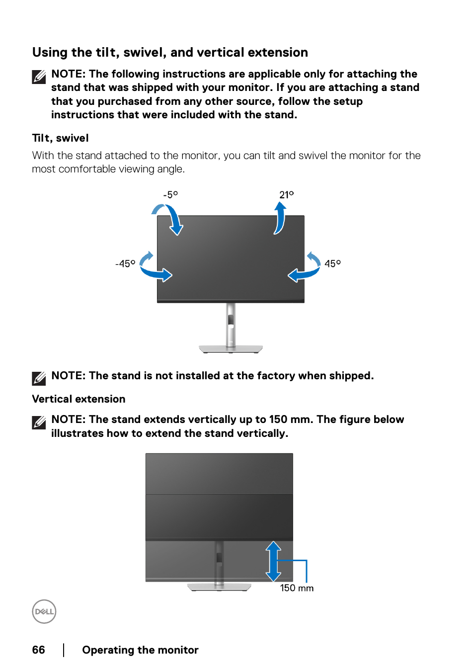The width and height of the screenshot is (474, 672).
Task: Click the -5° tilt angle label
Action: (170, 195)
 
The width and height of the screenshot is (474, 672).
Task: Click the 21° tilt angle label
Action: (286, 195)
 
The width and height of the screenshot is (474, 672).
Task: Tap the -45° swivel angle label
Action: (125, 264)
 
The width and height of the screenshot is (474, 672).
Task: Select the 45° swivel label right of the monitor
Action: (332, 264)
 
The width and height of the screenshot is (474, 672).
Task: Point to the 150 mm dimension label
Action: (297, 588)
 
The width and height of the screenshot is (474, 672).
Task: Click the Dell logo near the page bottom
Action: (44, 611)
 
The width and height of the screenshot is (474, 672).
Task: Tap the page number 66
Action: (38, 650)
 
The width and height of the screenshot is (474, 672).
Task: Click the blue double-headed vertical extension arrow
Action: (273, 561)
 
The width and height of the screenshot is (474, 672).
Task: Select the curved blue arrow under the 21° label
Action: (280, 218)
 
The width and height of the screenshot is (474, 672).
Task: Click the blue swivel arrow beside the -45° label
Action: (154, 269)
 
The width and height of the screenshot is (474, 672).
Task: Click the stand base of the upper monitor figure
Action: (231, 348)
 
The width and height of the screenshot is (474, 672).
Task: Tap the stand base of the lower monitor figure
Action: (219, 587)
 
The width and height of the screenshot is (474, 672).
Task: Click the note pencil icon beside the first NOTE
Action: (39, 77)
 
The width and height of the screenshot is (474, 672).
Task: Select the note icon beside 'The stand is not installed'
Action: (39, 378)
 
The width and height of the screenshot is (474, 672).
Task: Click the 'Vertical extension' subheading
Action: (79, 399)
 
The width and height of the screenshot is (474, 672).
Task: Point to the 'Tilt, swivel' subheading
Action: (60, 138)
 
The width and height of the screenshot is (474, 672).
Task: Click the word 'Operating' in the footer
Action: (108, 650)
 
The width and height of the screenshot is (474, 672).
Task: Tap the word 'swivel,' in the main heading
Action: (145, 53)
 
